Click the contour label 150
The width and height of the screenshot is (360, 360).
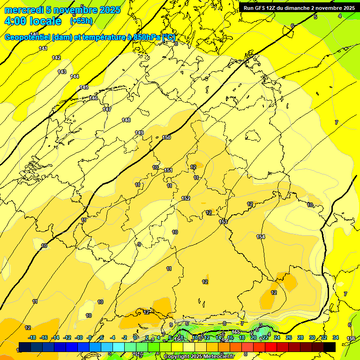click(x=166, y=137)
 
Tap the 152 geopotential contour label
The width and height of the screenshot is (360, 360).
click(x=186, y=198)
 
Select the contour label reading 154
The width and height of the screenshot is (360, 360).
click(x=261, y=236)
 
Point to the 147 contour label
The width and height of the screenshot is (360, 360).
click(x=107, y=109)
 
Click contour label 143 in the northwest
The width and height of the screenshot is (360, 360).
click(x=62, y=72)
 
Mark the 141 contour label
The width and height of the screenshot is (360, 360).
click(x=43, y=48)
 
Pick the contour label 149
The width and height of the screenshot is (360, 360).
click(x=139, y=133)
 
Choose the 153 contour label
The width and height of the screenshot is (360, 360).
click(x=223, y=222)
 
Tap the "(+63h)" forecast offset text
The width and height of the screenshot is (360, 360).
click(x=81, y=21)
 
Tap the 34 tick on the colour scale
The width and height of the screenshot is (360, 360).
click(x=336, y=337)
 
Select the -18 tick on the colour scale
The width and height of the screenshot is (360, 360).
click(x=32, y=337)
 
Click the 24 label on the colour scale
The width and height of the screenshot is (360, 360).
click(x=277, y=337)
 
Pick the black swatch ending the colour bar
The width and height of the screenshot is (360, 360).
click(x=330, y=347)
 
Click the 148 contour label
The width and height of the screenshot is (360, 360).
click(x=126, y=120)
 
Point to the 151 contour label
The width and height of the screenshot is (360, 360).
click(x=169, y=170)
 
